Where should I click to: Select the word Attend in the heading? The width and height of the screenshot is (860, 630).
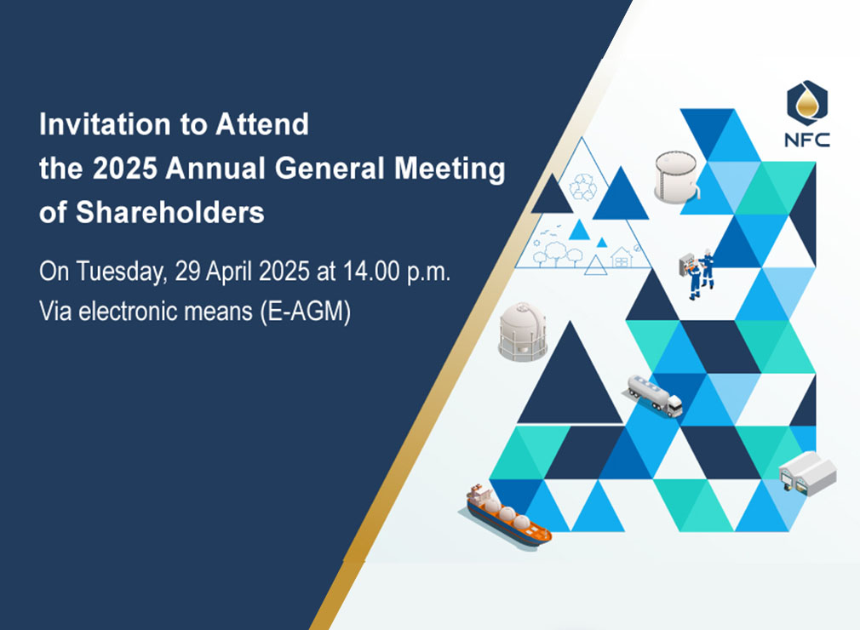[262, 124]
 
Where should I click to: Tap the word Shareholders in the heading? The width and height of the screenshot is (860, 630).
[170, 212]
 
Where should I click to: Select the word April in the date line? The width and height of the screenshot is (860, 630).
[229, 272]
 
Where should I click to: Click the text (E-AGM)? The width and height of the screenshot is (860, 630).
[306, 312]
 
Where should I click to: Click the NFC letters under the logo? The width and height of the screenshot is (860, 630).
[807, 140]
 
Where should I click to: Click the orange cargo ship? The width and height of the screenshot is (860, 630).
[507, 515]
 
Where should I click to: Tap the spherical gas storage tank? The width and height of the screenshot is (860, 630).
[523, 331]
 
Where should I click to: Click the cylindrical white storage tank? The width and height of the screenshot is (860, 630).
[677, 176]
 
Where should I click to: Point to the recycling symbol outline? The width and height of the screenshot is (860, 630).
[583, 186]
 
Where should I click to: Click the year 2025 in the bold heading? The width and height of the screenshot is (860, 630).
[125, 168]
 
